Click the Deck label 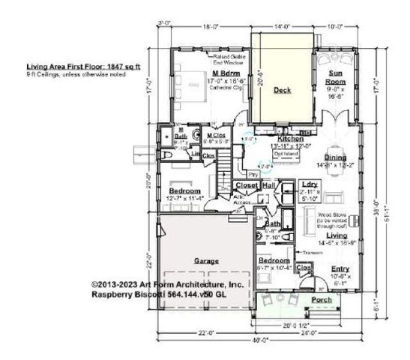click(x=282, y=91)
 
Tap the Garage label click(x=208, y=260)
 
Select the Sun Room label click(x=335, y=77)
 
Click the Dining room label click(x=334, y=157)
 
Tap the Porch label click(x=322, y=300)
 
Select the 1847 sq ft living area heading click(x=78, y=67)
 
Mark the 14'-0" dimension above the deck click(x=282, y=25)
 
